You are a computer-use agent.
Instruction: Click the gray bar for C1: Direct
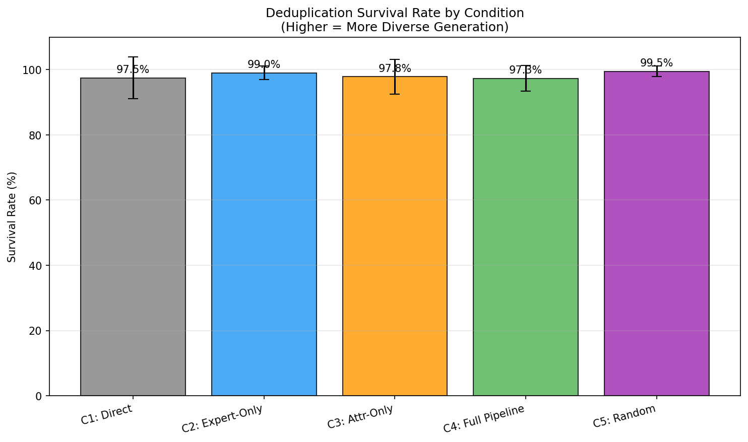coord(133,237)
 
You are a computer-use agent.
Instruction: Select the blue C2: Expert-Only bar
coord(264,234)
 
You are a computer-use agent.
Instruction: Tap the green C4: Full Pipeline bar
coord(526,237)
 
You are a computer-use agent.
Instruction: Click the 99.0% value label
coord(264,64)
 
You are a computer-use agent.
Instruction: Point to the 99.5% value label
coord(656,63)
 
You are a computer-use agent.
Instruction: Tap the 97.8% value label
coord(395,68)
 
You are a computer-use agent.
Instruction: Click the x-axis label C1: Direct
coord(107,415)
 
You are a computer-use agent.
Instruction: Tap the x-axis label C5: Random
coord(625,416)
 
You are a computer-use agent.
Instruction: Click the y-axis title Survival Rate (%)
coord(12,217)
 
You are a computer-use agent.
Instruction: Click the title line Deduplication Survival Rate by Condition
coord(395,13)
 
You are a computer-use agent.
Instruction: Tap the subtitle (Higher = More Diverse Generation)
coord(395,27)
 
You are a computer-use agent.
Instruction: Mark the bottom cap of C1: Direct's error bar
coord(133,99)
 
